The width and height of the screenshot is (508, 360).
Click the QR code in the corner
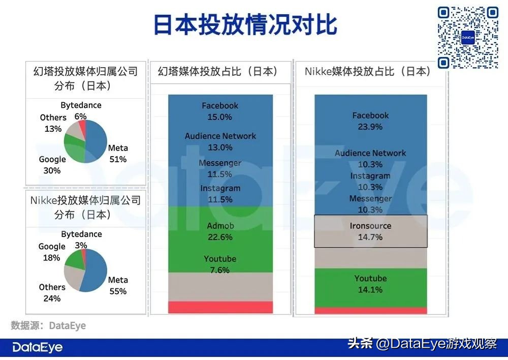[x=468, y=37]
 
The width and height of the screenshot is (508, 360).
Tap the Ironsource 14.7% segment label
[x=370, y=231]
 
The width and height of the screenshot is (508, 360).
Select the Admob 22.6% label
[x=220, y=231]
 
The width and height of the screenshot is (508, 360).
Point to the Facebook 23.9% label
[x=370, y=121]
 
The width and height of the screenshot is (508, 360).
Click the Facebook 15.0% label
[x=220, y=111]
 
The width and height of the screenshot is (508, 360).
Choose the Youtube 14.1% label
[x=370, y=284]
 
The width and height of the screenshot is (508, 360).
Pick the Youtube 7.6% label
[x=220, y=264]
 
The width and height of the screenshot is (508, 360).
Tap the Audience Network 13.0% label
[x=220, y=141]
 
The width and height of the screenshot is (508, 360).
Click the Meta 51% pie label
[x=118, y=154]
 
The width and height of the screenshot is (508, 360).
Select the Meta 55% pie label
[x=118, y=286]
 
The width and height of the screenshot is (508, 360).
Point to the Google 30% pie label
[x=52, y=165]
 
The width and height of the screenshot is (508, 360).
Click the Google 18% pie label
[x=52, y=252]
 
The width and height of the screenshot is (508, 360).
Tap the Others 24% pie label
[x=52, y=293]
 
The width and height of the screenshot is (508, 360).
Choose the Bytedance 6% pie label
[x=81, y=110]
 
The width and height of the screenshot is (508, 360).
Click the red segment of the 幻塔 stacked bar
[x=220, y=307]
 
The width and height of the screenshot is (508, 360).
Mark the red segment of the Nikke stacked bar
[x=370, y=311]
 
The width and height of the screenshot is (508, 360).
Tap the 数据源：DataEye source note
[x=48, y=325]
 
